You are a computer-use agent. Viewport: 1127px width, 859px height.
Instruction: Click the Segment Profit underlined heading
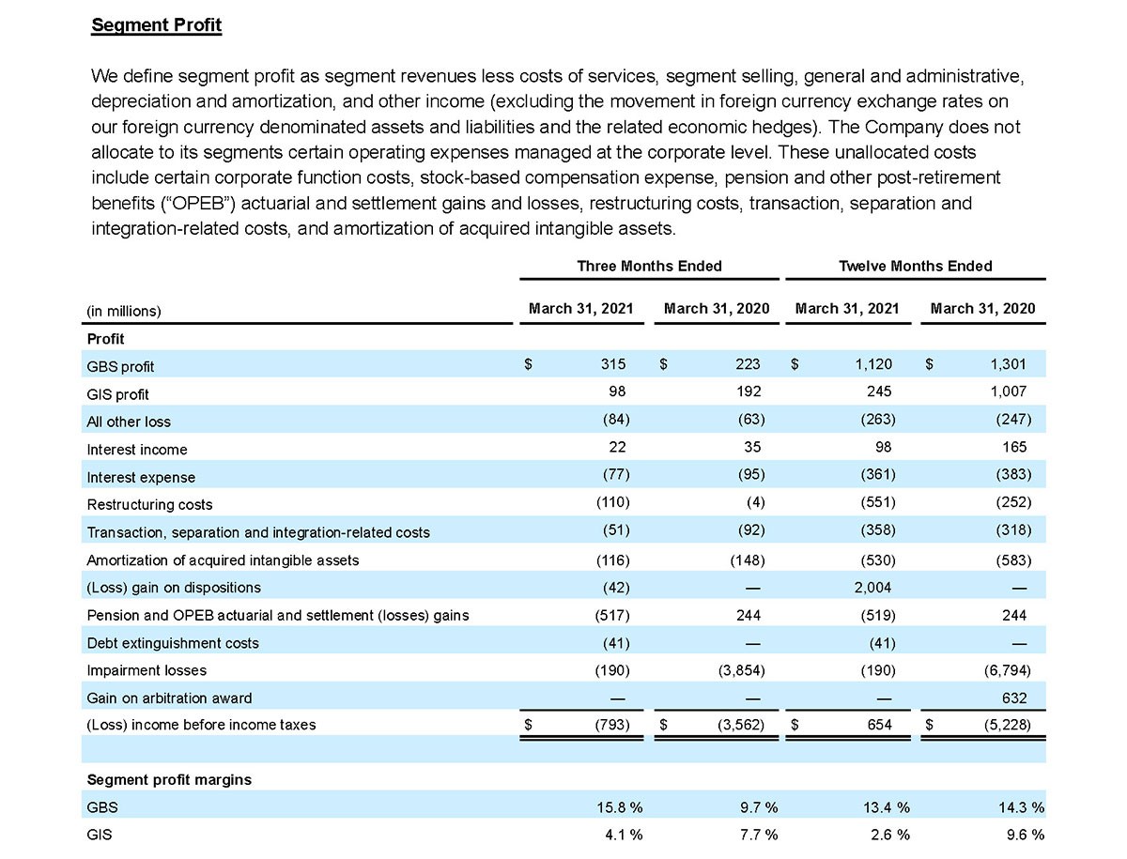pyautogui.click(x=156, y=25)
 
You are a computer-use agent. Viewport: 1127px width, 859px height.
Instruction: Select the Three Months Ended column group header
pyautogui.click(x=649, y=266)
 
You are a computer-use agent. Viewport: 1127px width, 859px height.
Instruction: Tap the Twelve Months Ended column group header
pyautogui.click(x=915, y=266)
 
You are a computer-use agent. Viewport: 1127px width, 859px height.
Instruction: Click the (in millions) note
pyautogui.click(x=124, y=311)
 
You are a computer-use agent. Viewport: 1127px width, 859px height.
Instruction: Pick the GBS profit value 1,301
pyautogui.click(x=1008, y=365)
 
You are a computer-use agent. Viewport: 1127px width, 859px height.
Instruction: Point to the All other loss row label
pyautogui.click(x=129, y=422)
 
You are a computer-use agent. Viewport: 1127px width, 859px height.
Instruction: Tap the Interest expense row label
pyautogui.click(x=141, y=477)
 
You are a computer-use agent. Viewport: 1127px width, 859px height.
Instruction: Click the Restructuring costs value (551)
pyautogui.click(x=878, y=503)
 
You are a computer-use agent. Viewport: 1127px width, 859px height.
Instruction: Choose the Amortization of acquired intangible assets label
pyautogui.click(x=223, y=560)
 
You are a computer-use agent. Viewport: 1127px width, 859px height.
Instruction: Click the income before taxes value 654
pyautogui.click(x=879, y=725)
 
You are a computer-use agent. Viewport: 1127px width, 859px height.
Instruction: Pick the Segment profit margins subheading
pyautogui.click(x=168, y=780)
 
